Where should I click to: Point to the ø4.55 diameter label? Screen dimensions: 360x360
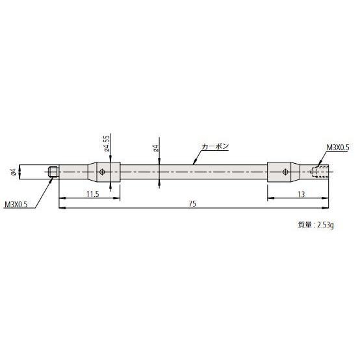tap(106, 144)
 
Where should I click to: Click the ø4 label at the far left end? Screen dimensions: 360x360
tap(13, 172)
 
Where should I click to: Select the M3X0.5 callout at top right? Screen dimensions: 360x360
tap(338, 148)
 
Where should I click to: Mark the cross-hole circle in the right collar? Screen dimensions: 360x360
tap(285, 172)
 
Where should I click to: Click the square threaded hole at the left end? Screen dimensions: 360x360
tap(53, 172)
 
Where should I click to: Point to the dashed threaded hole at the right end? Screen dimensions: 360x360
tap(321, 172)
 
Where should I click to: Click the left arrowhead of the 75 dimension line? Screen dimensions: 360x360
tap(61, 209)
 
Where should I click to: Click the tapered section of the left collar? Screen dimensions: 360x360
tap(92, 172)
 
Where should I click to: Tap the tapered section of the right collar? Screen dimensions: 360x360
tap(295, 172)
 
